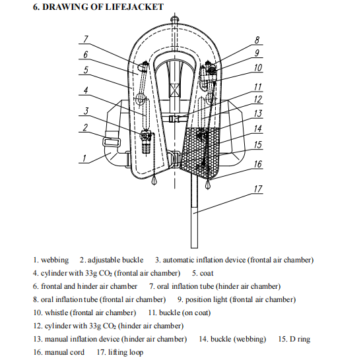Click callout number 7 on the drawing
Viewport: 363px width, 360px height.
coord(86,39)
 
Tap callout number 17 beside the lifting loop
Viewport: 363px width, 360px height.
coord(257,189)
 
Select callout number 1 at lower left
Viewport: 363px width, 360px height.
coord(84,158)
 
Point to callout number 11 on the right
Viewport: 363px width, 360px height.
coord(257,87)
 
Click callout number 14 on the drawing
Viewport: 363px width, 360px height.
coord(257,129)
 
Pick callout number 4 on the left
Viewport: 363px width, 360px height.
coord(86,90)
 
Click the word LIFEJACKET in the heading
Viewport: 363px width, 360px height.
coord(134,7)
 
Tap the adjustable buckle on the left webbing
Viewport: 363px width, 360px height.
coord(112,142)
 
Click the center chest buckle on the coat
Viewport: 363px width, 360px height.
coord(174,119)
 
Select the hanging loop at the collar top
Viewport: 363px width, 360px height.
coord(174,19)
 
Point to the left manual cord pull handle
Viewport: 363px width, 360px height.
coord(154,181)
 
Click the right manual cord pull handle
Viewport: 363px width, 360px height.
coord(208,185)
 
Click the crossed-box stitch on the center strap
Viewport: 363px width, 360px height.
coord(174,91)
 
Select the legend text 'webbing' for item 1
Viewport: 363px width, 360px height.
coord(55,260)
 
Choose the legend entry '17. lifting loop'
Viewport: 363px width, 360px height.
coord(120,352)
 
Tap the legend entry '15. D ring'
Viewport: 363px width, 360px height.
coord(294,339)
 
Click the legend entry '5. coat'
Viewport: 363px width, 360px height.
coord(203,273)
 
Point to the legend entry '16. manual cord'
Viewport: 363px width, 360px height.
coord(59,352)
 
